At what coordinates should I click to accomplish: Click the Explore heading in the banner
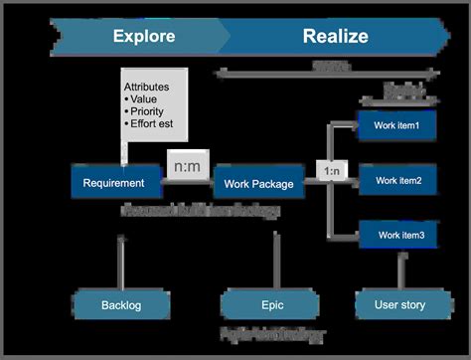(x=144, y=37)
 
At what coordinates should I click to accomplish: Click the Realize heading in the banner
(x=335, y=37)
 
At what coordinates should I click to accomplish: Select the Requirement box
(x=114, y=182)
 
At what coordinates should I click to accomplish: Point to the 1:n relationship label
(x=332, y=172)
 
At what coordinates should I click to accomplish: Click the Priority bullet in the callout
(x=150, y=113)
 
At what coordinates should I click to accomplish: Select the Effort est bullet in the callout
(x=154, y=126)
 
